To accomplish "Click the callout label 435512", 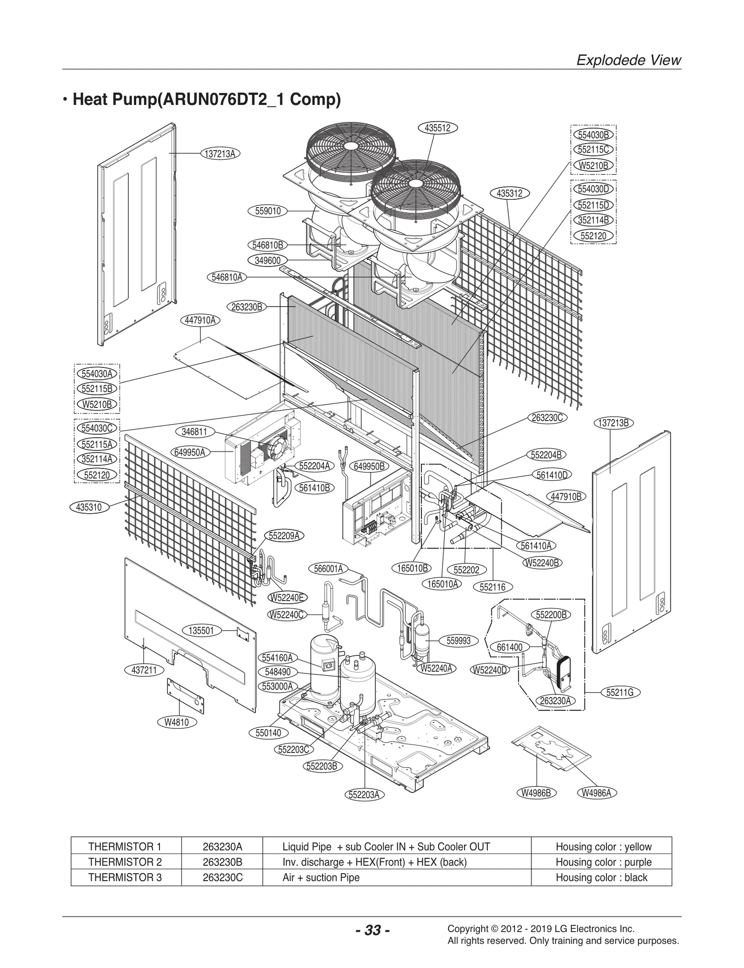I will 438,128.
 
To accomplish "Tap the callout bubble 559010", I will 268,211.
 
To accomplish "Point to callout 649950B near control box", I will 369,466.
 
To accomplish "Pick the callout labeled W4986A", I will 597,793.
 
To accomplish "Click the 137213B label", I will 614,423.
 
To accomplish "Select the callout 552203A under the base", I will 364,795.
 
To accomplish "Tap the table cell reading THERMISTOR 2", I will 125,862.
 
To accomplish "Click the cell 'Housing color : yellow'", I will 603,847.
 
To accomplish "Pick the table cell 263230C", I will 222,877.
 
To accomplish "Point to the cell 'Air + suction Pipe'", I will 321,877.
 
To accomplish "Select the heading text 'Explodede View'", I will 628,60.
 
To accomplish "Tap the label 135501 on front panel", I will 201,630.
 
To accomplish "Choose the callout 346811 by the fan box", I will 194,432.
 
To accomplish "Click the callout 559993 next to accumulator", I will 458,641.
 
